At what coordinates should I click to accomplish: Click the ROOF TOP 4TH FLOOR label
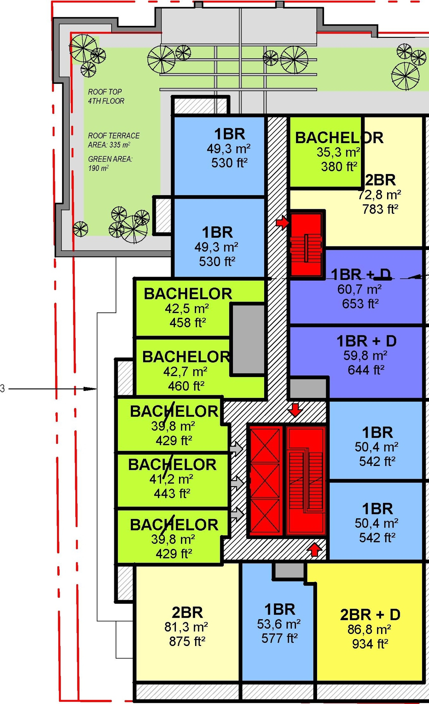click(x=106, y=96)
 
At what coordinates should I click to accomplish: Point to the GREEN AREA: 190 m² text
click(x=110, y=163)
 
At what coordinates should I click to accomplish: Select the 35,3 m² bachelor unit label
click(x=339, y=153)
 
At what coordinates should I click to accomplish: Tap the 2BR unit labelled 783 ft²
click(x=380, y=195)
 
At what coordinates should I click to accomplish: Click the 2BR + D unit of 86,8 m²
click(x=370, y=629)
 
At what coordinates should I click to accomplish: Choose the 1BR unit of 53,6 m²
click(x=279, y=624)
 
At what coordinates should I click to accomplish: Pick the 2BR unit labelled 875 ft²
click(x=187, y=627)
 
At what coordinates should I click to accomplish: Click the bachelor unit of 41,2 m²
click(x=172, y=479)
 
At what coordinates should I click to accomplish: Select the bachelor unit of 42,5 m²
click(x=187, y=308)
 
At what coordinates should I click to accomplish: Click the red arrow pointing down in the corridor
click(x=295, y=410)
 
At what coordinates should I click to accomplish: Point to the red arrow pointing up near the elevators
click(x=314, y=549)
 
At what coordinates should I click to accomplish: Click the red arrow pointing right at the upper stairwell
click(x=282, y=222)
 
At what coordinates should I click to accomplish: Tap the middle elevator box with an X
click(x=265, y=481)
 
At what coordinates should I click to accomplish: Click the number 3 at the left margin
click(x=3, y=389)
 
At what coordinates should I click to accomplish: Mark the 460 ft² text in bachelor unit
click(x=186, y=386)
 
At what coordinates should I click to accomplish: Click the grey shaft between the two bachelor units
click(x=248, y=339)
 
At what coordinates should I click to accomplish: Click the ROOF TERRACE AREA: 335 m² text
click(x=114, y=140)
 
